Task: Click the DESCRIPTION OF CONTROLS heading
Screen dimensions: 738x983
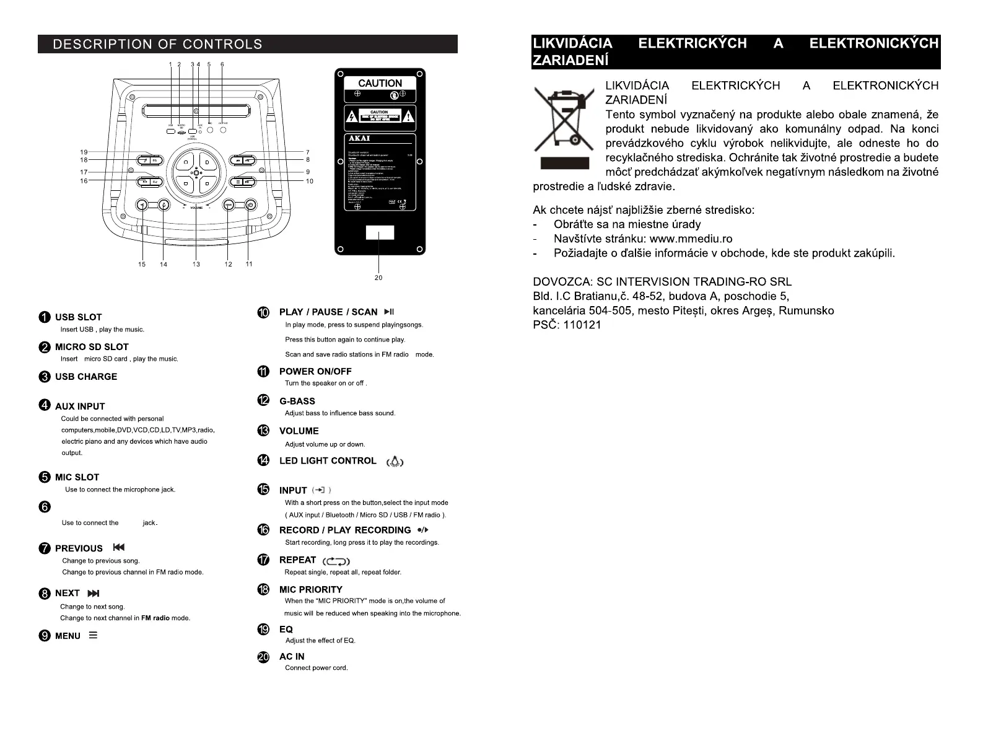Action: click(x=157, y=44)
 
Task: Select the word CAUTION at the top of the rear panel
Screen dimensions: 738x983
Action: click(x=380, y=83)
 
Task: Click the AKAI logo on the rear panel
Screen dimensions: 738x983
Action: click(x=359, y=138)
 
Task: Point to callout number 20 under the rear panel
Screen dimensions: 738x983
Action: click(x=378, y=278)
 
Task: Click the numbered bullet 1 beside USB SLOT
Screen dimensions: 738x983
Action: click(x=45, y=317)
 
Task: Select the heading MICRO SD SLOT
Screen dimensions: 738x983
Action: click(x=92, y=347)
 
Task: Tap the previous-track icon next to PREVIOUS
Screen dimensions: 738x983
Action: click(x=119, y=547)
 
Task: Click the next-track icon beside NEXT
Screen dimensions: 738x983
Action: click(x=94, y=593)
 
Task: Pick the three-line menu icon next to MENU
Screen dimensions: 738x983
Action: click(x=93, y=635)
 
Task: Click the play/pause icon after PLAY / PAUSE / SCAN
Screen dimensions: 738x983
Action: click(x=389, y=312)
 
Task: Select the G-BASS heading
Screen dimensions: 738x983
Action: click(x=297, y=402)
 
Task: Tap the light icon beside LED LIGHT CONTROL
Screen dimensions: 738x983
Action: click(x=395, y=462)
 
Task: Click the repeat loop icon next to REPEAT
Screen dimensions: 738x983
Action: click(x=336, y=561)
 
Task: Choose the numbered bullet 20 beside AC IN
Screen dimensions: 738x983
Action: click(x=263, y=657)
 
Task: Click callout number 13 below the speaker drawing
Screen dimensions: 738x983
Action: click(x=196, y=264)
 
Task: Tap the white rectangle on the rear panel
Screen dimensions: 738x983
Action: click(x=380, y=233)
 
